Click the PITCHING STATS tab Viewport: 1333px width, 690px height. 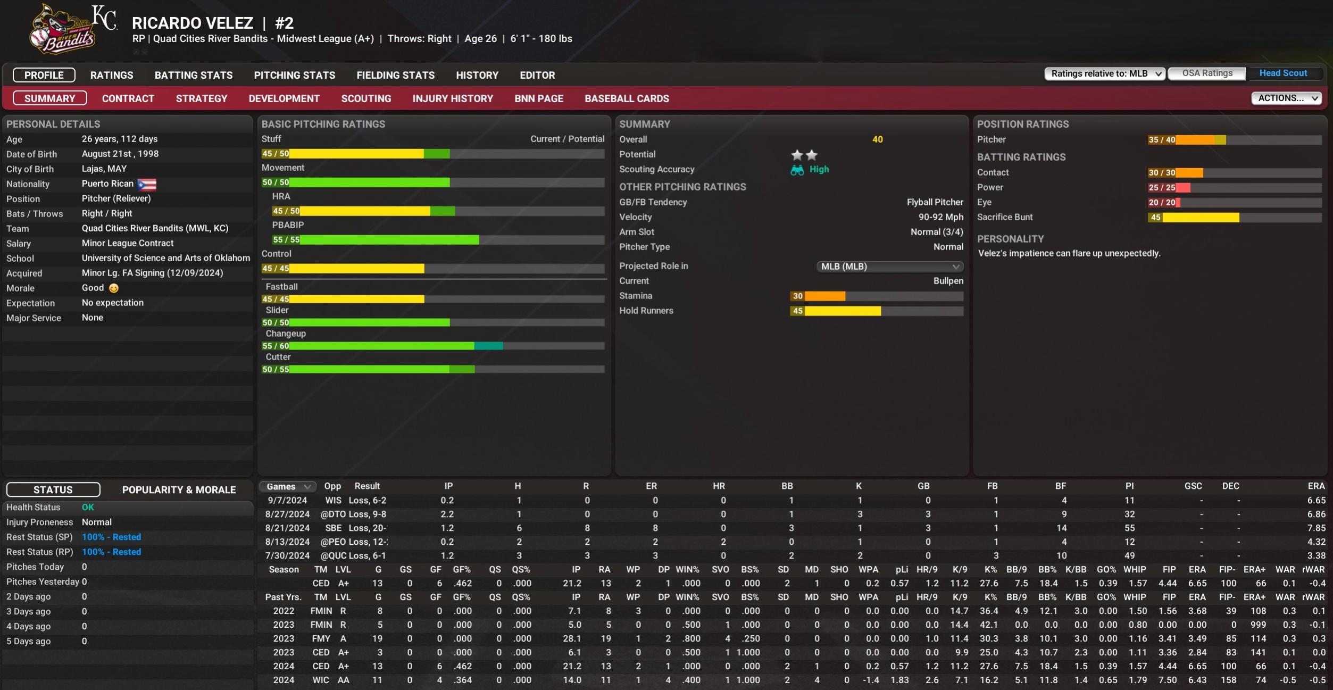pyautogui.click(x=294, y=75)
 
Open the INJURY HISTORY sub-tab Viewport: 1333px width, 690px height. pyautogui.click(x=452, y=98)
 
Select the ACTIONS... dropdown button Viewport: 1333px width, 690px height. pyautogui.click(x=1286, y=98)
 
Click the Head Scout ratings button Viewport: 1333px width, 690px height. pyautogui.click(x=1282, y=73)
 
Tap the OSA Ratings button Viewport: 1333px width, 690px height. pyautogui.click(x=1206, y=73)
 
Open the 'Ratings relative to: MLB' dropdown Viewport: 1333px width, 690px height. pyautogui.click(x=1105, y=73)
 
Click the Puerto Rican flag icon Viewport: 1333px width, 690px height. pyautogui.click(x=147, y=184)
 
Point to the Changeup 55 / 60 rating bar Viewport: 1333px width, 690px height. pyautogui.click(x=382, y=346)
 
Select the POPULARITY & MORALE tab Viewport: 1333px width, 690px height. pyautogui.click(x=179, y=489)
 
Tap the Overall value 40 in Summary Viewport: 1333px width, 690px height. pyautogui.click(x=877, y=139)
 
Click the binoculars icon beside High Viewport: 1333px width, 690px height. pyautogui.click(x=797, y=170)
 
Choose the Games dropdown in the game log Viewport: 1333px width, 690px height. pyautogui.click(x=288, y=486)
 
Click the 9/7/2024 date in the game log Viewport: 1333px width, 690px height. pyautogui.click(x=287, y=500)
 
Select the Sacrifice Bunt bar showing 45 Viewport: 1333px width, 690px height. pyautogui.click(x=1194, y=218)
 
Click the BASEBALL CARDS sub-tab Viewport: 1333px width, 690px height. pyautogui.click(x=627, y=98)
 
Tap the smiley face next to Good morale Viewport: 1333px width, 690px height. pyautogui.click(x=114, y=288)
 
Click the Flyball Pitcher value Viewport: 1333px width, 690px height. pyautogui.click(x=935, y=202)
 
